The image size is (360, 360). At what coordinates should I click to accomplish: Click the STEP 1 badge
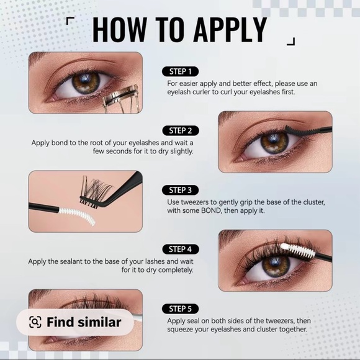(x=180, y=71)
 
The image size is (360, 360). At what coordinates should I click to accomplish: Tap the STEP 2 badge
(x=180, y=130)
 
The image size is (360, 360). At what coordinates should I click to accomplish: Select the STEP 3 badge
(x=180, y=190)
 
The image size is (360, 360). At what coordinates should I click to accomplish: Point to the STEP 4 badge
(x=180, y=249)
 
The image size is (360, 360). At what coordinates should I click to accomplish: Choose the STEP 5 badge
(x=180, y=308)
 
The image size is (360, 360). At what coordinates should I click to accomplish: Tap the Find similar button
(x=74, y=322)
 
